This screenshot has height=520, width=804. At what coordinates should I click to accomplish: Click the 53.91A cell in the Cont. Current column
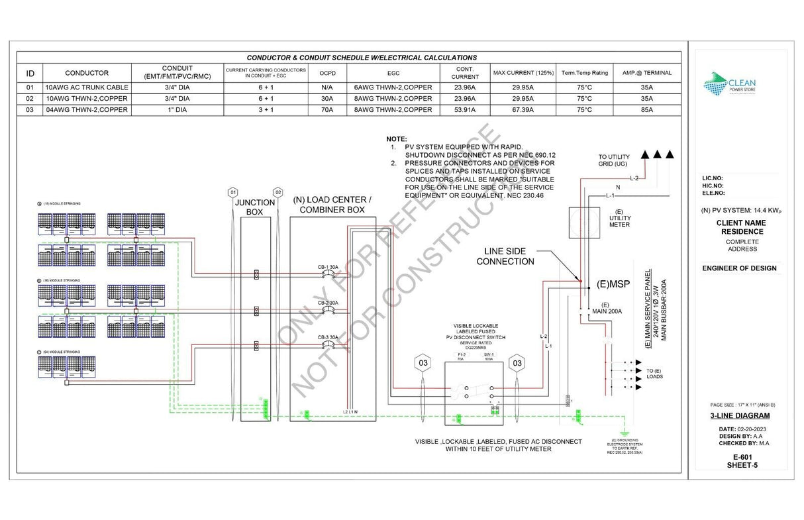464,110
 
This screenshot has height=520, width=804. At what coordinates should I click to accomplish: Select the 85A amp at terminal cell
646,110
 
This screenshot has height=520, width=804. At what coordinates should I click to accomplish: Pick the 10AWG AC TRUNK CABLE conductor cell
87,87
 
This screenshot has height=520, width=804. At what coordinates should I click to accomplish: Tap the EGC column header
393,73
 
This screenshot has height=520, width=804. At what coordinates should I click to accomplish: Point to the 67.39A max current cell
522,110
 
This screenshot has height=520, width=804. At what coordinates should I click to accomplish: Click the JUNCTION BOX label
255,207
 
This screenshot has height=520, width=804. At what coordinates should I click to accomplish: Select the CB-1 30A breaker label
328,267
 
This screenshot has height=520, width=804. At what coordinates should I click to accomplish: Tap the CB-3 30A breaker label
328,337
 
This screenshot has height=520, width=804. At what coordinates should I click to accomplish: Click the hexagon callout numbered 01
232,191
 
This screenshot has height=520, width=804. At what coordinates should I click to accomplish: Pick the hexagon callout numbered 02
278,191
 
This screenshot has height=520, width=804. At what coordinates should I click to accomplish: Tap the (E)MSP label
613,284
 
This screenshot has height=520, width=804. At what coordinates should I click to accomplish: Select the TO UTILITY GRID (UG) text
615,160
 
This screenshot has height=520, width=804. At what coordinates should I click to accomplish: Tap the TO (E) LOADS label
654,374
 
